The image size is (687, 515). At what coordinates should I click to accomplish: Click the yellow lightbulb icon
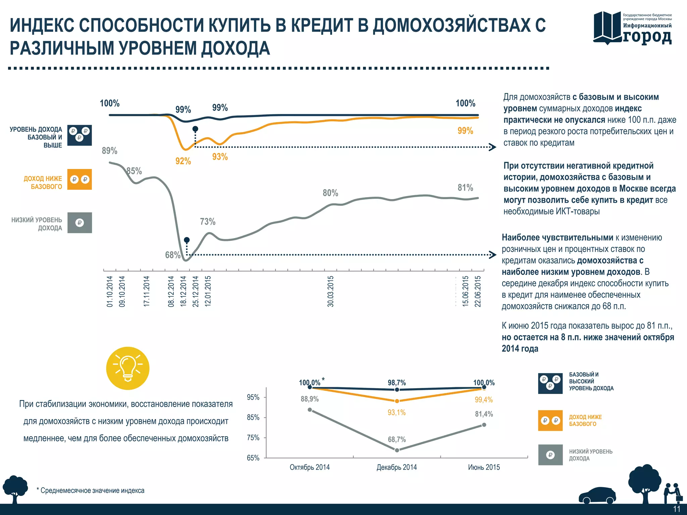(128, 368)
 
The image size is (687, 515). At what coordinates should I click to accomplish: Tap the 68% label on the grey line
(172, 255)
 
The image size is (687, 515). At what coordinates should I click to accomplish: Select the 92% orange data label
(183, 161)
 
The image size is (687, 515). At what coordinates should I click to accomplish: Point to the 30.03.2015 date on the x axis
(331, 291)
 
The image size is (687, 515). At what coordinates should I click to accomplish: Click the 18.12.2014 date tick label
(183, 291)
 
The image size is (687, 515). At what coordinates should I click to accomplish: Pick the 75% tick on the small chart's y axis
(253, 438)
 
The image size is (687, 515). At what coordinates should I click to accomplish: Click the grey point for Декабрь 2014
(397, 450)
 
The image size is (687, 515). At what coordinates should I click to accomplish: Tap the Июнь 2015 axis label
(484, 467)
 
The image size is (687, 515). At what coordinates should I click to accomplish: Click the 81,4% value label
(484, 414)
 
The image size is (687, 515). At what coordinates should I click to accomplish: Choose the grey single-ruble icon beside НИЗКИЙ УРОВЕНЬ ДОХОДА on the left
(80, 223)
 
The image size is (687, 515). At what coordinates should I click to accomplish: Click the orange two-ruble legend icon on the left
(80, 179)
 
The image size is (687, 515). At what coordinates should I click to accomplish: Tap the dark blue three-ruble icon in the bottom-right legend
(550, 383)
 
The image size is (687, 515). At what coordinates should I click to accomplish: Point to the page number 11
(677, 509)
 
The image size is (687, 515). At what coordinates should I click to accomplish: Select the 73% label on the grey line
(208, 222)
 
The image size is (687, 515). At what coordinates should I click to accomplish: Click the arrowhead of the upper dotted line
(493, 147)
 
